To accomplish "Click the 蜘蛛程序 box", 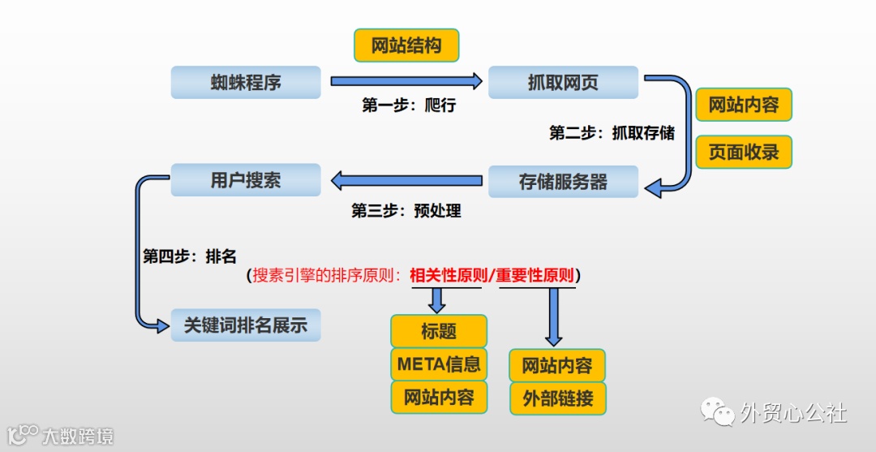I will click(x=245, y=82).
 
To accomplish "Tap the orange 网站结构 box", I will click(x=406, y=45).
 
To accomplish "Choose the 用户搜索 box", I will click(x=245, y=180).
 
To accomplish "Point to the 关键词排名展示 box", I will click(x=245, y=325).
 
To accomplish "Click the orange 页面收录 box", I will click(x=743, y=152).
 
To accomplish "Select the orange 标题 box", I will click(x=439, y=331).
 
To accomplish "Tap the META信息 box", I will click(x=439, y=364).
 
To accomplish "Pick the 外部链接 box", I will click(x=557, y=398).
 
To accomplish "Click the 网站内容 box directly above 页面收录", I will click(x=743, y=105).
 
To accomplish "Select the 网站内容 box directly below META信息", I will click(x=439, y=398).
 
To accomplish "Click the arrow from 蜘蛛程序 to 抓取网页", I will click(x=406, y=81).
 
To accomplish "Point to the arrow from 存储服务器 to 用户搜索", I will click(x=406, y=180).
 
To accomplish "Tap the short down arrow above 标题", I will click(x=437, y=301).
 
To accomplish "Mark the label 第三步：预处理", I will click(x=406, y=211).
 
